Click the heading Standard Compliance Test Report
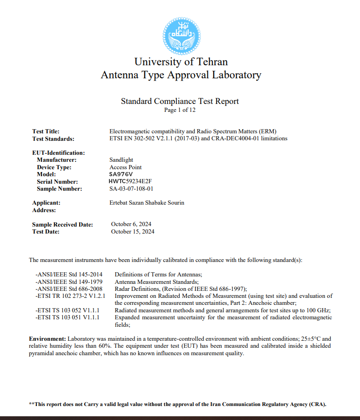tap(180, 101)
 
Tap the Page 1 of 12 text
tap(180, 110)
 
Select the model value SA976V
tap(120, 174)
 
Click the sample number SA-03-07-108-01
tap(131, 189)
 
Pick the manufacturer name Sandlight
tap(121, 160)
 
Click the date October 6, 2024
tap(131, 224)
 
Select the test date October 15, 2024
tap(133, 232)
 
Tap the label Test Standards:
tap(53, 138)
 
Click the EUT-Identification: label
tap(58, 152)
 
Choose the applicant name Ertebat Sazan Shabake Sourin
tap(146, 203)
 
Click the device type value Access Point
tap(125, 167)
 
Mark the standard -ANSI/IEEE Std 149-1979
tap(69, 282)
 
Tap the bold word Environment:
tap(48, 338)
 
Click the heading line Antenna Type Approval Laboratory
tap(181, 75)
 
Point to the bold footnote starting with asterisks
tap(177, 404)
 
